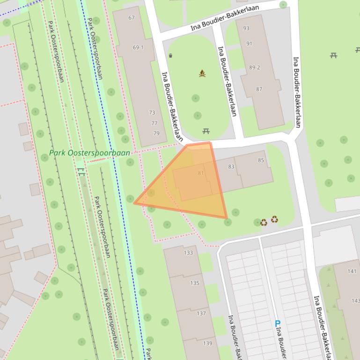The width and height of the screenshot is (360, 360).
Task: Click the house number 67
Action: (x=131, y=18)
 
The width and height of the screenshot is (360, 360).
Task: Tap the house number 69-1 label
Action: (x=138, y=48)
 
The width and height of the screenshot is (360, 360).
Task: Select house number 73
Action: (x=152, y=113)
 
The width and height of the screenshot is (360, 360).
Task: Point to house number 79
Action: (x=156, y=133)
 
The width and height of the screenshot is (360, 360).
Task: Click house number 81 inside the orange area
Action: (x=201, y=173)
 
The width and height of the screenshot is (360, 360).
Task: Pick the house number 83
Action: (x=231, y=167)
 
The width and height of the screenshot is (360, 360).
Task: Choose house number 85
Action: (x=261, y=160)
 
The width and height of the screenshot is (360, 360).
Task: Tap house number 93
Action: (x=246, y=28)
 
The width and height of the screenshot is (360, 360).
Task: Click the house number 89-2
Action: (x=254, y=67)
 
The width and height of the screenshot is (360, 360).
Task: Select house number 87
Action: (x=259, y=89)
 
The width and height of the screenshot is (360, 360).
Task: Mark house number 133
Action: (x=188, y=253)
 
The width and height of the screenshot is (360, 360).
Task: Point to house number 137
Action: (x=201, y=313)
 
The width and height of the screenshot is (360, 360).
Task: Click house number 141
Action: (x=352, y=271)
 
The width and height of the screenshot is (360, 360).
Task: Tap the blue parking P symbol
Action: (x=277, y=324)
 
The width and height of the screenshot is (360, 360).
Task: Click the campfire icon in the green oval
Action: (x=202, y=73)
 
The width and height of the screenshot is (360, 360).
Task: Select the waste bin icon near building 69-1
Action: (x=170, y=56)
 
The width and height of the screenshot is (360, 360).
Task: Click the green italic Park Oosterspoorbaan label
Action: (x=90, y=153)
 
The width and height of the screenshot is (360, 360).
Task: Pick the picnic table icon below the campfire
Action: (x=206, y=131)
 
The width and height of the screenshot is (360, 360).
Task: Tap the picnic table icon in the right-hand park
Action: (x=333, y=55)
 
